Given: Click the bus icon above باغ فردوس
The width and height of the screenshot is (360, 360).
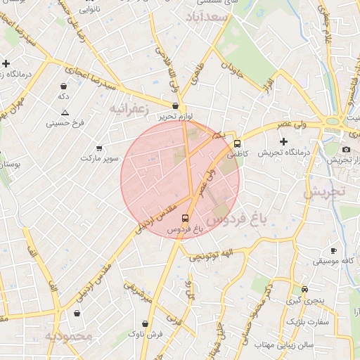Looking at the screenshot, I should pos(185,219).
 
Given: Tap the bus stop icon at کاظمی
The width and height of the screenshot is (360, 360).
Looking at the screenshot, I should pos(237,141).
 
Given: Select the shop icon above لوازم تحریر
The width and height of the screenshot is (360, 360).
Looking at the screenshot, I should pos(175,105).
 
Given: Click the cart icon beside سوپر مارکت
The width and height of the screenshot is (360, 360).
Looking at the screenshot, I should pos(99,148).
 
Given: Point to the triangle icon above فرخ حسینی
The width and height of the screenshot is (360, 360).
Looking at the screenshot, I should pos(65,112).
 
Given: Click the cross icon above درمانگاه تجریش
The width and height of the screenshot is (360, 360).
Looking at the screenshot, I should pos(284,142).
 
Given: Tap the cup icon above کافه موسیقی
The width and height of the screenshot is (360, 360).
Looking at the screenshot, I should pos(333,251).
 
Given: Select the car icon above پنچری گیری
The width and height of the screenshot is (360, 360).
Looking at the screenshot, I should pos(304,289).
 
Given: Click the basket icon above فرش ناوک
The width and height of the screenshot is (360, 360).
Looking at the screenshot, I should pos(145,323).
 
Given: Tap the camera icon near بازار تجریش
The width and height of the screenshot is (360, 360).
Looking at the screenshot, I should pos(346,149).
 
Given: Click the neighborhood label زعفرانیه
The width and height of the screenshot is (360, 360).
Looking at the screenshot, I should pos(127,109).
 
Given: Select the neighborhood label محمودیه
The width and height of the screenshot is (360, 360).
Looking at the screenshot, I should pos(69,337).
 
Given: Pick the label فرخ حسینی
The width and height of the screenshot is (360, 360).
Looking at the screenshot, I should pos(65,123).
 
